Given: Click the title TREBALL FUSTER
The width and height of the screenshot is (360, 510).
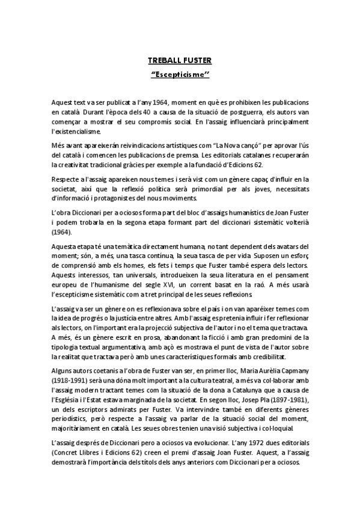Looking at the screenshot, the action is (x=180, y=61).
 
